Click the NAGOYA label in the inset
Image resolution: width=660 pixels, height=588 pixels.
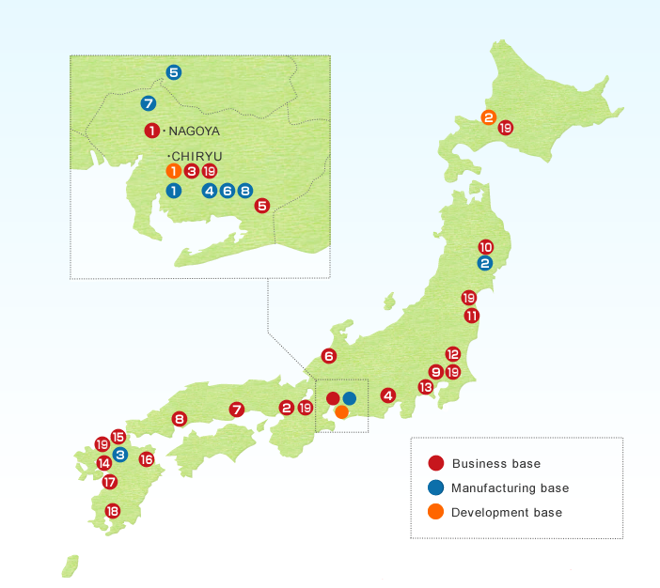pyautogui.click(x=194, y=131)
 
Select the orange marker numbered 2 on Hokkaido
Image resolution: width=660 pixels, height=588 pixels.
pyautogui.click(x=488, y=117)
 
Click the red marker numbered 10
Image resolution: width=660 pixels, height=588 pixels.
pyautogui.click(x=485, y=246)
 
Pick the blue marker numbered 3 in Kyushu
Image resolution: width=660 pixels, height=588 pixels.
pyautogui.click(x=120, y=454)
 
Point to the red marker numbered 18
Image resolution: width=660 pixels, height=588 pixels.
pyautogui.click(x=113, y=511)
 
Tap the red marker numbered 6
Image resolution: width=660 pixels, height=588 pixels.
pyautogui.click(x=328, y=356)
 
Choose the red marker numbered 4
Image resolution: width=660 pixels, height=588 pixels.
pyautogui.click(x=387, y=395)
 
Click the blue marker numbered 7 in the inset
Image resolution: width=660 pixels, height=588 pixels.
pyautogui.click(x=149, y=103)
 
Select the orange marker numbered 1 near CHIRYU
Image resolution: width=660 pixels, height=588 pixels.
pyautogui.click(x=173, y=171)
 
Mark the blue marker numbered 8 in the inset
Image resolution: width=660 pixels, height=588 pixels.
pyautogui.click(x=244, y=191)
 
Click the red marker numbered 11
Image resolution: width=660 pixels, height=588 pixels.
pyautogui.click(x=471, y=316)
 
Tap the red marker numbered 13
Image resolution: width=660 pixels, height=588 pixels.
pyautogui.click(x=425, y=387)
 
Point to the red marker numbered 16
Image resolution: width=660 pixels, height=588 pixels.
pyautogui.click(x=146, y=459)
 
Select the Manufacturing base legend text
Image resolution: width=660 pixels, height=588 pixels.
pyautogui.click(x=510, y=488)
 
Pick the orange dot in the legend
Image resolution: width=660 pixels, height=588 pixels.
pyautogui.click(x=435, y=512)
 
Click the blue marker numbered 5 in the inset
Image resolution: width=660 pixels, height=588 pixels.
pyautogui.click(x=174, y=71)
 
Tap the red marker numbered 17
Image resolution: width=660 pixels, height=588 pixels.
pyautogui.click(x=109, y=482)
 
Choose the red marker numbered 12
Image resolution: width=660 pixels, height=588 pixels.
pyautogui.click(x=452, y=354)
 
